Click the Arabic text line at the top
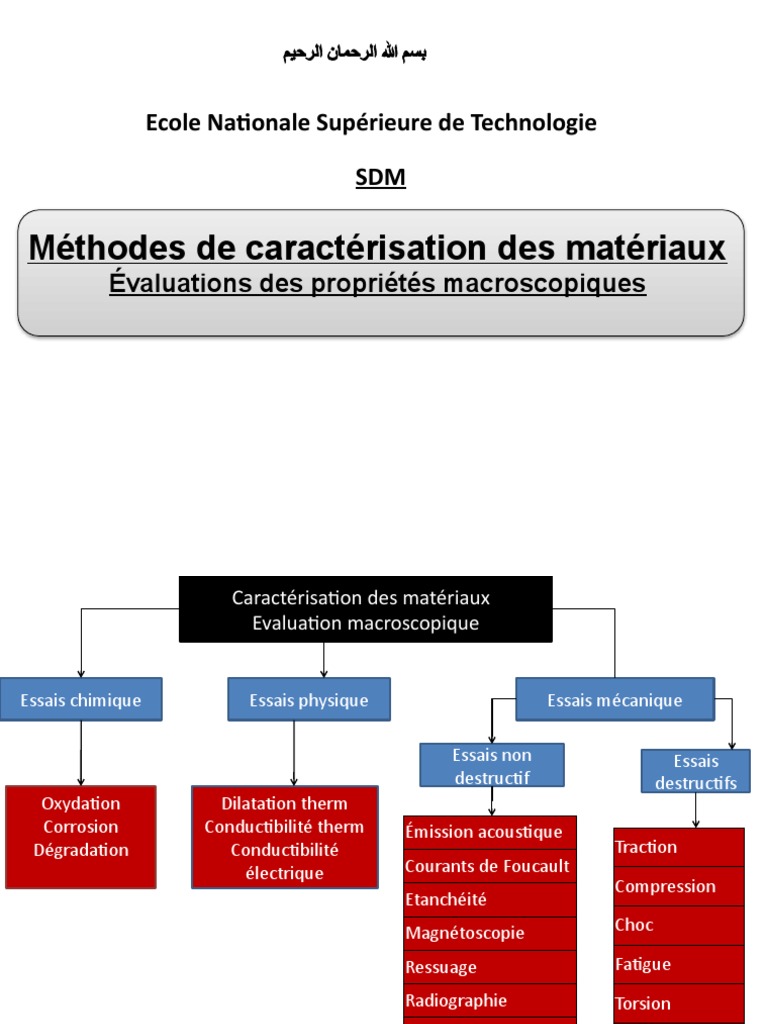(x=354, y=53)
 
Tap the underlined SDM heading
(x=381, y=178)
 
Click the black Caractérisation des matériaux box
(x=365, y=610)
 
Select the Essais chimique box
(x=81, y=700)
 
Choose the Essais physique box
(x=309, y=700)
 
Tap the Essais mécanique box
(x=615, y=700)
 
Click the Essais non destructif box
(x=492, y=766)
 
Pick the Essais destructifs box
(x=696, y=772)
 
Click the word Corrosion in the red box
(x=81, y=827)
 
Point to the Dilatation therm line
(x=285, y=803)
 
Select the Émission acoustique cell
(x=490, y=832)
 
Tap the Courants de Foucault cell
(x=490, y=866)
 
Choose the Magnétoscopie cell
(x=490, y=933)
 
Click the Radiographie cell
(x=490, y=1000)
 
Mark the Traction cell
(x=678, y=847)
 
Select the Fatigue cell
(x=678, y=964)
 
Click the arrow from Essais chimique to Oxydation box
(x=81, y=752)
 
